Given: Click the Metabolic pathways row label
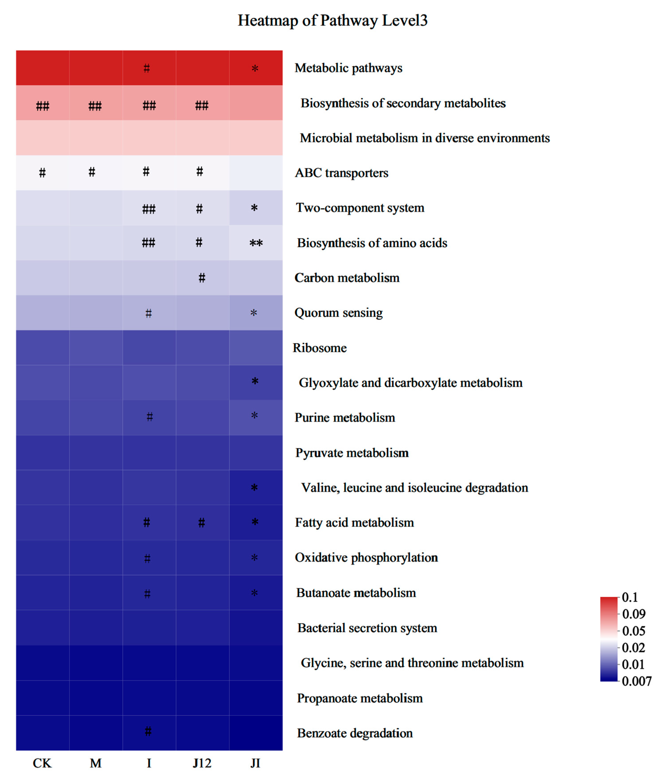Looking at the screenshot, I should [348, 68].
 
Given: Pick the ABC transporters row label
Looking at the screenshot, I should [341, 173].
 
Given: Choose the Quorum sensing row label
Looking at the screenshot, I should [338, 313].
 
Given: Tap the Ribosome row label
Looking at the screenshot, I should [320, 348].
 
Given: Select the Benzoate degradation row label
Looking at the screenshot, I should [355, 733].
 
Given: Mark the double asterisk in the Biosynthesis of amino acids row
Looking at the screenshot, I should [256, 243].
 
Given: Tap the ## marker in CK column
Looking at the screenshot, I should [42, 106].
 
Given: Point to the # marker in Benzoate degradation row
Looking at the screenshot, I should [148, 731].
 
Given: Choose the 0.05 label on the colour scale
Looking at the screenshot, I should [633, 631].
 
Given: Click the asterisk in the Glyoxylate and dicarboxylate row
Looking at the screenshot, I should [255, 382].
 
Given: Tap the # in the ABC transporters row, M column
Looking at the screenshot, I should [92, 172].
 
